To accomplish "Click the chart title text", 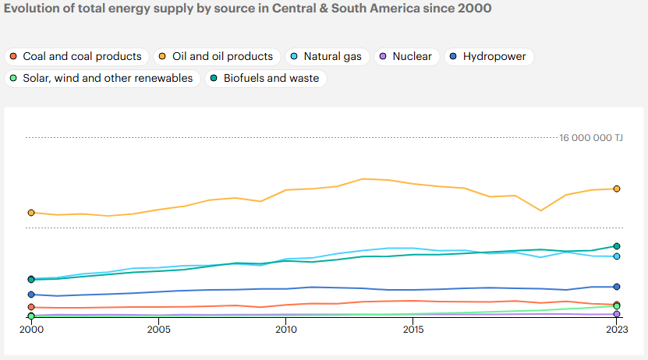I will pyautogui.click(x=247, y=9).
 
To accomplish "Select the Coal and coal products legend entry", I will pyautogui.click(x=76, y=57).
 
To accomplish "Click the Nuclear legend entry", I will pyautogui.click(x=405, y=57).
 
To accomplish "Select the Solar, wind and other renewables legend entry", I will pyautogui.click(x=101, y=79).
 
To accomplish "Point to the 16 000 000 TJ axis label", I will pyautogui.click(x=590, y=138).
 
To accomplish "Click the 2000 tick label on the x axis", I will pyautogui.click(x=31, y=330).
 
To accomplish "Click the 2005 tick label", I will pyautogui.click(x=158, y=330).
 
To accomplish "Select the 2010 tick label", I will pyautogui.click(x=285, y=330).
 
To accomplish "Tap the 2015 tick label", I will pyautogui.click(x=413, y=330).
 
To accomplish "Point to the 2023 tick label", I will pyautogui.click(x=616, y=330).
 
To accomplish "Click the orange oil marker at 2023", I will pyautogui.click(x=617, y=189).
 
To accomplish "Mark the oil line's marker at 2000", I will pyautogui.click(x=31, y=212).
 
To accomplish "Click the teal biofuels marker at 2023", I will pyautogui.click(x=617, y=246).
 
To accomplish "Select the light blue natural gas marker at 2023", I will pyautogui.click(x=617, y=256).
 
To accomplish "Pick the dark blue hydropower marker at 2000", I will pyautogui.click(x=31, y=295).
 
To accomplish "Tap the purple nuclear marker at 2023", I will pyautogui.click(x=617, y=314).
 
